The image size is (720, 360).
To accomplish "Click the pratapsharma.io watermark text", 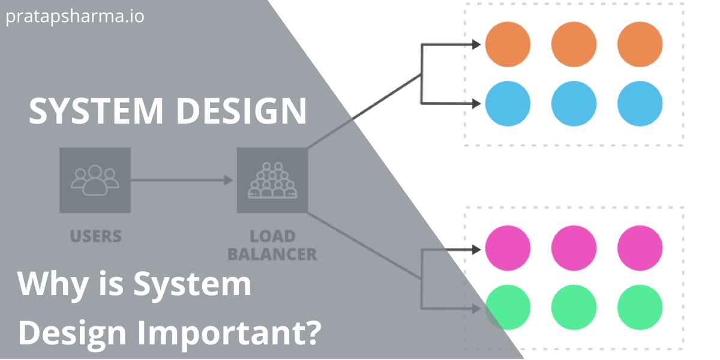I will (75, 16).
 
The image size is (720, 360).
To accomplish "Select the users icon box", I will (95, 180).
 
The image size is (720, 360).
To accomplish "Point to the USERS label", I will (95, 236).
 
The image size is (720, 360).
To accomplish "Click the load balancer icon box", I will (272, 180).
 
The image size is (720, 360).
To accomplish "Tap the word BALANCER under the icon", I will (272, 254).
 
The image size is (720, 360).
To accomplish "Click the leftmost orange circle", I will (508, 44).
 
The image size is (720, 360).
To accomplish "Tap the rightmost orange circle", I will (640, 44).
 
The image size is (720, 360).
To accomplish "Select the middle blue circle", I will (574, 104).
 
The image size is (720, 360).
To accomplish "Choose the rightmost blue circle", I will (640, 104).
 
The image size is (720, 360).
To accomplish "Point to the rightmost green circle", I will (640, 308).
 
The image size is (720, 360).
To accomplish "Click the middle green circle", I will (574, 308).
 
